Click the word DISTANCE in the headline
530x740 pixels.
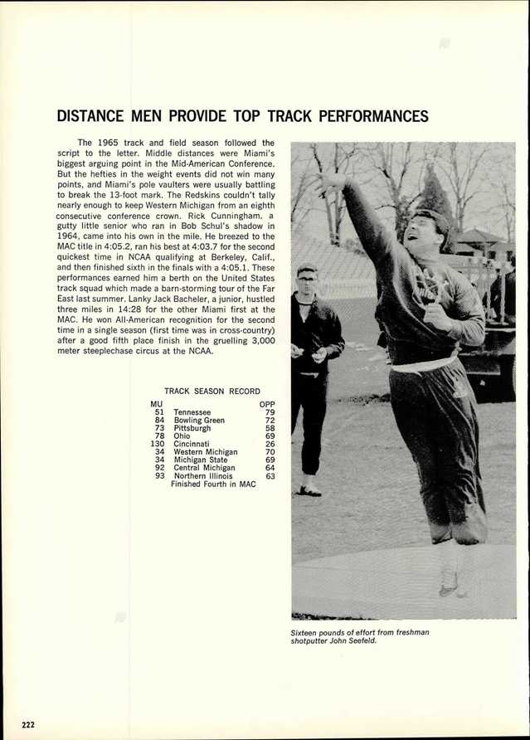[90, 116]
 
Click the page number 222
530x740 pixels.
[28, 724]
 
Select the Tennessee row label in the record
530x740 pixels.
[192, 412]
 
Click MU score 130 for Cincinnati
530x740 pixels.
[158, 444]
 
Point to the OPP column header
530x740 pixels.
[267, 404]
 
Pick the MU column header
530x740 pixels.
[157, 404]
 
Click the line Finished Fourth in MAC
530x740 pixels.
[213, 484]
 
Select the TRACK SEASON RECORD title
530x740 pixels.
[212, 392]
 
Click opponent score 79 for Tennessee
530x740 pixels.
[270, 412]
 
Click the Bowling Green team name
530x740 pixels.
[199, 421]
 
